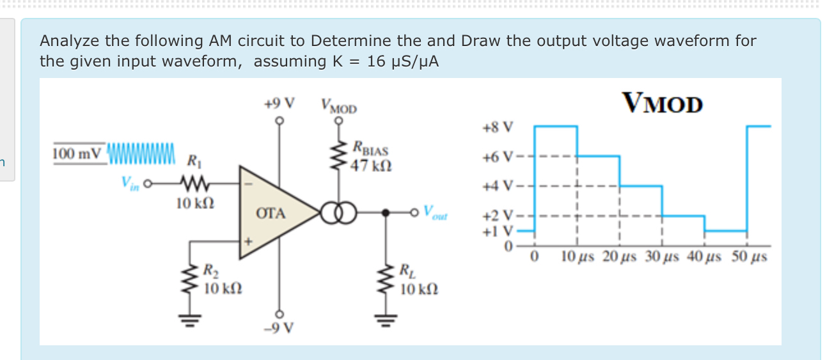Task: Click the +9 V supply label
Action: [279, 102]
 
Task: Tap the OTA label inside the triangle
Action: [271, 214]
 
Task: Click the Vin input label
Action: [130, 184]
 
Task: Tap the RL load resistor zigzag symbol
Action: [385, 281]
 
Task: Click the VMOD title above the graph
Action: [662, 103]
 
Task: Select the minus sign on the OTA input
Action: [249, 184]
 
